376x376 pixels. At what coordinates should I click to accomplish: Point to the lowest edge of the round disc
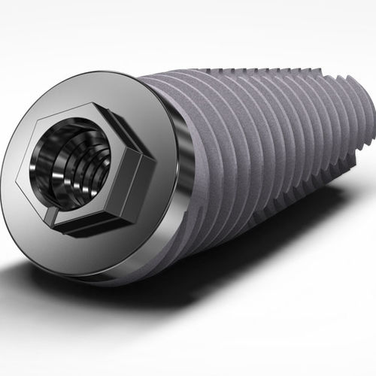(105, 285)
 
